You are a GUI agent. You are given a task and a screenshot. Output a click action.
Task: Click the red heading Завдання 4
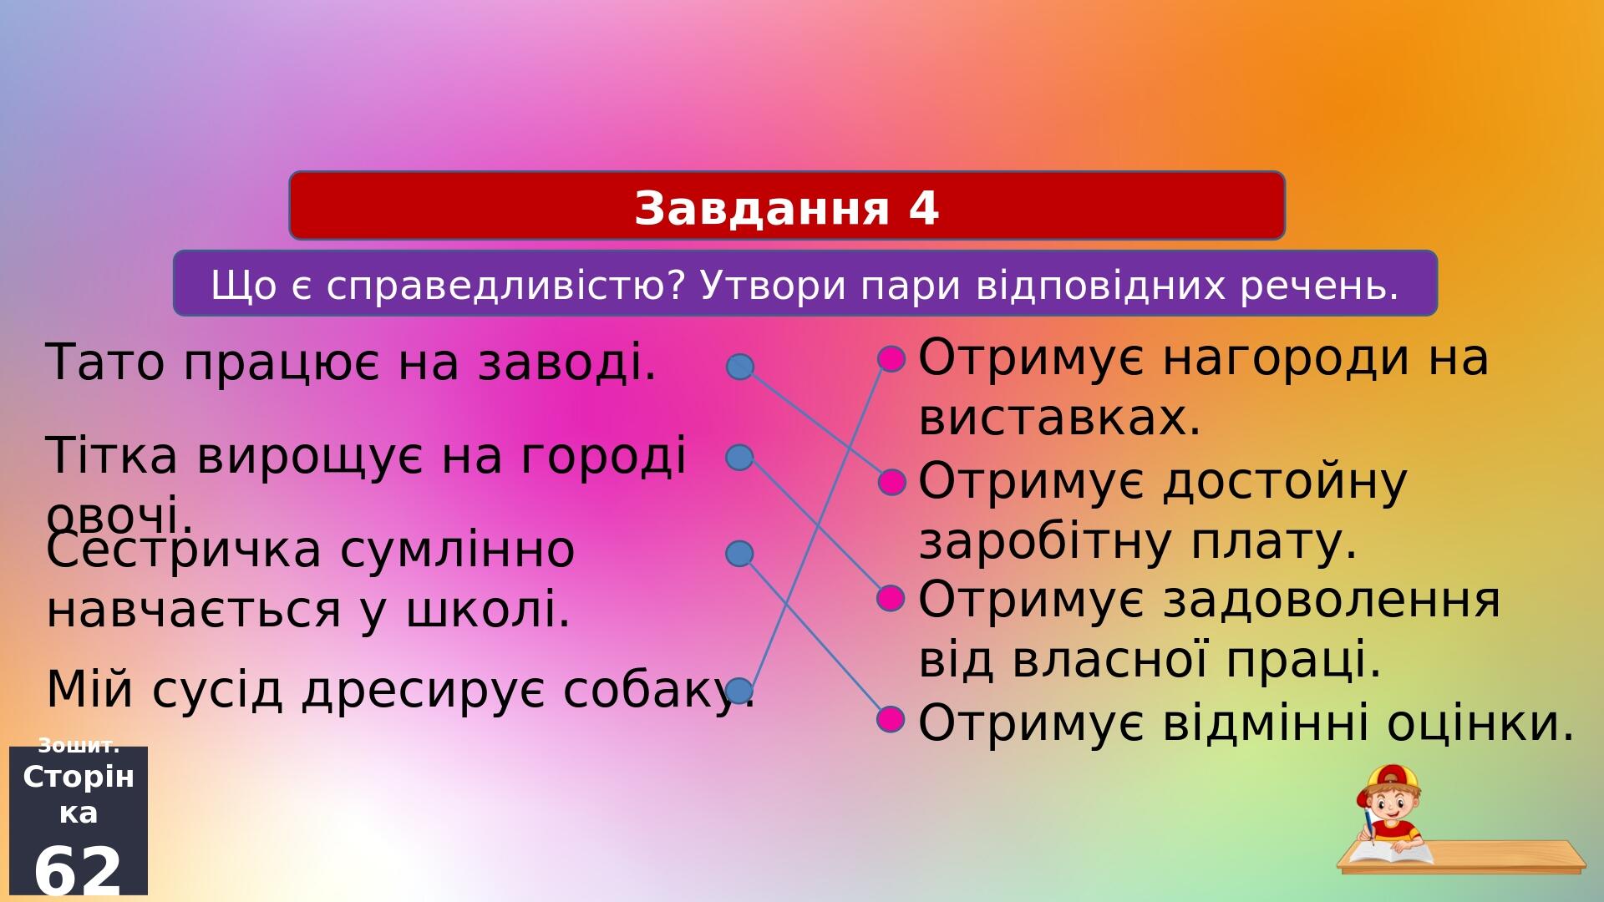click(x=787, y=208)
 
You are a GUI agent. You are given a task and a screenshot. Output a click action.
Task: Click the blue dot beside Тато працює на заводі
click(x=739, y=367)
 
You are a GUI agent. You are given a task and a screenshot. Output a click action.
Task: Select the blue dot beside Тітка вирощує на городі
click(x=739, y=457)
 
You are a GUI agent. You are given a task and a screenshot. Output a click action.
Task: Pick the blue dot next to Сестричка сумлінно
click(x=739, y=553)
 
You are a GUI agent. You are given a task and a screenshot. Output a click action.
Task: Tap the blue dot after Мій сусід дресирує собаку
click(x=739, y=691)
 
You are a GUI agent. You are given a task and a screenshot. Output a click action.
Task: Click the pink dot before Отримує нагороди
click(x=891, y=359)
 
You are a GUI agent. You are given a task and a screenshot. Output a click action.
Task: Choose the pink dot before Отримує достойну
click(x=891, y=482)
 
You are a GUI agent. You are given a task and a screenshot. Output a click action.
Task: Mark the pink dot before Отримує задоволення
click(x=891, y=598)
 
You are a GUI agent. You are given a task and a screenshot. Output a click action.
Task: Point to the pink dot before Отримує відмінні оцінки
click(x=891, y=718)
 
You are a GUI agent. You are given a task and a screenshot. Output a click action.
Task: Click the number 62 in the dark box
click(x=79, y=870)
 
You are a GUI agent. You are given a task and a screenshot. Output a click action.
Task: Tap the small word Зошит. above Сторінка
click(x=79, y=746)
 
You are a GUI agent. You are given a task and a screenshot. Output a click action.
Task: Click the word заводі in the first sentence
click(x=567, y=363)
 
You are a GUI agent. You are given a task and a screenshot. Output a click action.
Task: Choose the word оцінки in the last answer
click(x=1480, y=722)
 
